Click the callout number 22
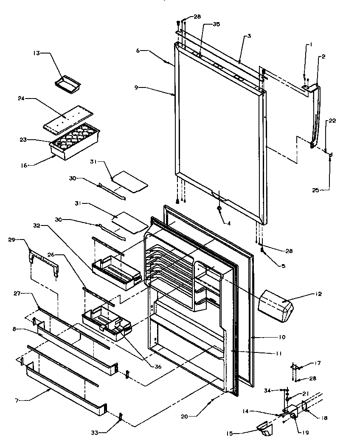point(332,121)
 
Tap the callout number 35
point(217,25)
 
